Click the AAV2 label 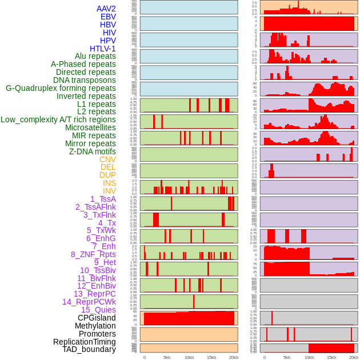(x=106, y=9)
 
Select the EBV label (x=108, y=17)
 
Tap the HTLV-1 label (x=102, y=49)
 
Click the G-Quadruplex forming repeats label (x=61, y=88)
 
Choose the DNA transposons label (x=84, y=80)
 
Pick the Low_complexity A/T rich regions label (x=58, y=119)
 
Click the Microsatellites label (x=90, y=127)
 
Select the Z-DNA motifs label (x=93, y=151)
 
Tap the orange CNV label (x=107, y=159)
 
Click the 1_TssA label (x=103, y=199)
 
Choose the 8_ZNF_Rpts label (x=93, y=254)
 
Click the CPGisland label (x=97, y=318)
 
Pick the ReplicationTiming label (x=85, y=342)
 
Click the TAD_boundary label (x=89, y=349)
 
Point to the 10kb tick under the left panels (x=189, y=357)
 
